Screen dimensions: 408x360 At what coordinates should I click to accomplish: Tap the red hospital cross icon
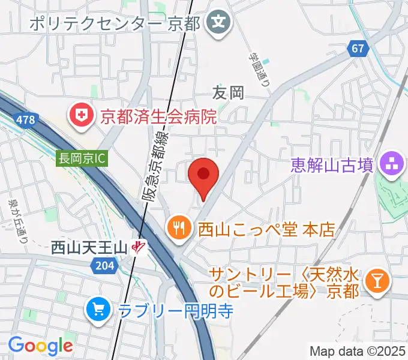tap(81, 115)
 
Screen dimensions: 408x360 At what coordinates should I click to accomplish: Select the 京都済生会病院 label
tap(158, 116)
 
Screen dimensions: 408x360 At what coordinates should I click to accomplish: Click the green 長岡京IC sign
tap(81, 159)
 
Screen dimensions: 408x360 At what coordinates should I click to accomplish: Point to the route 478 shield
tap(25, 120)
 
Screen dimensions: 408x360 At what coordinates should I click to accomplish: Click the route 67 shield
tap(358, 49)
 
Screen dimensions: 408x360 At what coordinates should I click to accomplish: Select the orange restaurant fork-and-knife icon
tap(178, 227)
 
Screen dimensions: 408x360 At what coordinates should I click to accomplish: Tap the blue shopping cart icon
tap(97, 310)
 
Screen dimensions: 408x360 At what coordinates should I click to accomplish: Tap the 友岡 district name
tap(229, 92)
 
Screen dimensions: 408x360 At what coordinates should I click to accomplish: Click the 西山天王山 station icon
tap(140, 247)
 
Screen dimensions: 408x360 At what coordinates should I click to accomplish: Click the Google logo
tap(40, 346)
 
